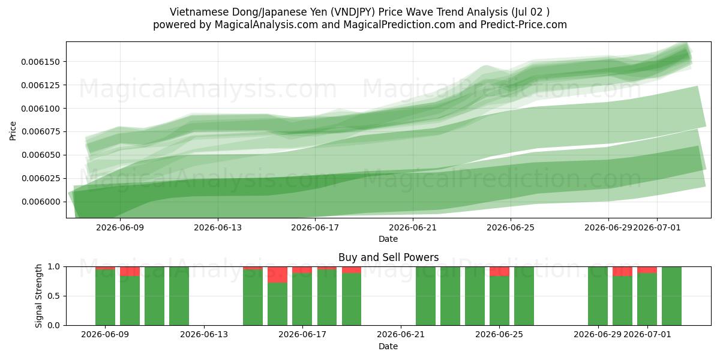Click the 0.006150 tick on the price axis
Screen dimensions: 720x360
point(41,62)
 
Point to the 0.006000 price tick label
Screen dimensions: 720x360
point(41,202)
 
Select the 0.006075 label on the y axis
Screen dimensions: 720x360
point(41,132)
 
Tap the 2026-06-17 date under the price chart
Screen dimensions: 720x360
point(315,227)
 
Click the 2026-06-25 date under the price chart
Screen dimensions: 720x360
point(511,227)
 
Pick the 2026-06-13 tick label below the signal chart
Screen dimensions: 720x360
point(204,335)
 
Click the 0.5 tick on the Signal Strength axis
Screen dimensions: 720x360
point(54,296)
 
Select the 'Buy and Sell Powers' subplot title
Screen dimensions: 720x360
point(388,257)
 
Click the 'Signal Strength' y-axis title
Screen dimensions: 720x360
point(38,296)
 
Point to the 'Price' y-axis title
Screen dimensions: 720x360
point(13,131)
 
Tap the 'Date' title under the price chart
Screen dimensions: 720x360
point(388,239)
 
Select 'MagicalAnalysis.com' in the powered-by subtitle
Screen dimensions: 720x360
point(266,25)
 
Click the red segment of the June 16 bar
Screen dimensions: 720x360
point(277,275)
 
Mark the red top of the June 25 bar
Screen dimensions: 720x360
point(499,271)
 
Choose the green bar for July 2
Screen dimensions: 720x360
point(671,296)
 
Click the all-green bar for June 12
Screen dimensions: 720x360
point(179,296)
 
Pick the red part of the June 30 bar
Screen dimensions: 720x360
point(622,271)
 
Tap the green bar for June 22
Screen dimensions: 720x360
point(425,296)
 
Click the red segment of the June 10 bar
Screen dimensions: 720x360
point(130,271)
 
